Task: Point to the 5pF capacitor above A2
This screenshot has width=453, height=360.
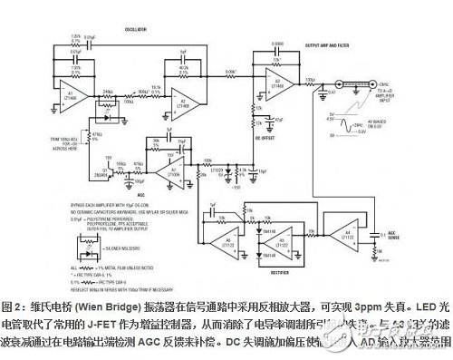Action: click(184, 54)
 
